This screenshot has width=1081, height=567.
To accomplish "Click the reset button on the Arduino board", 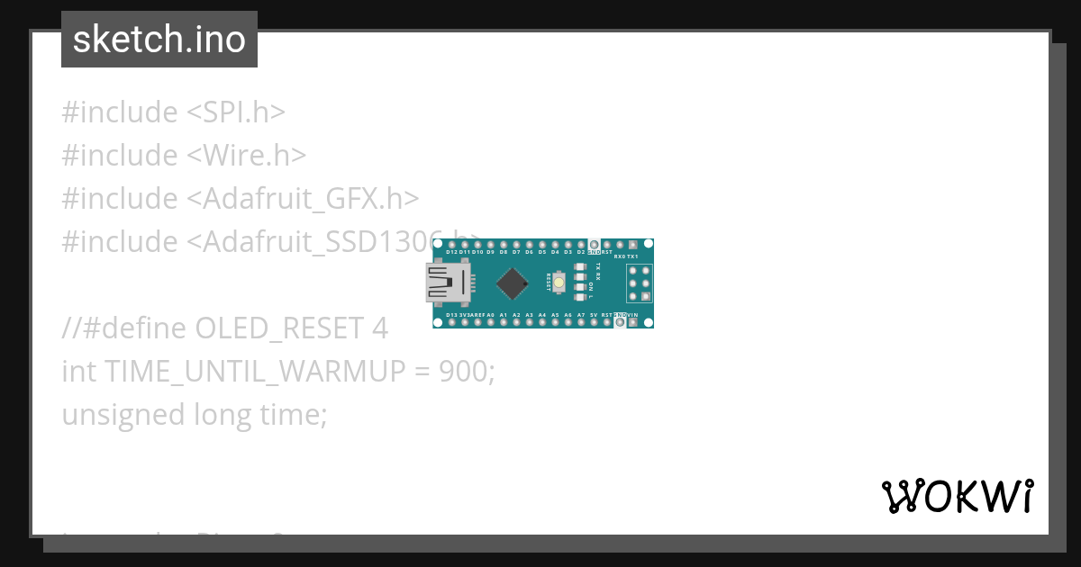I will click(x=559, y=283).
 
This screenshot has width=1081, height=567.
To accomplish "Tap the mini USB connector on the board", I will click(x=449, y=283).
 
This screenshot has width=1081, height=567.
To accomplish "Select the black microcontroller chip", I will click(x=512, y=283).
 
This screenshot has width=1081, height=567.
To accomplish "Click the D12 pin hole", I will click(x=451, y=245).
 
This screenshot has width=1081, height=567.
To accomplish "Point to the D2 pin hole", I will click(x=581, y=245).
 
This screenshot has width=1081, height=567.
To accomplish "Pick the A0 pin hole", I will click(x=490, y=322).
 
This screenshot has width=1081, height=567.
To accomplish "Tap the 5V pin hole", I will click(x=594, y=322).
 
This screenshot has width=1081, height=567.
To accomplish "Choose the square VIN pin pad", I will click(x=633, y=322).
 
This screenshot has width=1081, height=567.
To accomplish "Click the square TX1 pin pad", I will click(x=633, y=245).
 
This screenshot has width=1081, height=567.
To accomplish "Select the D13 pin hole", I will click(x=451, y=322).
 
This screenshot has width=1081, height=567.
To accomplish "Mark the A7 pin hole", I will click(x=581, y=322).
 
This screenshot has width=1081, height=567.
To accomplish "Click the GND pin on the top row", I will click(x=594, y=245).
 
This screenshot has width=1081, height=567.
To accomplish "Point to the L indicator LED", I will click(x=580, y=296).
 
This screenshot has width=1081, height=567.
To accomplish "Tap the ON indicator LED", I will click(x=580, y=286).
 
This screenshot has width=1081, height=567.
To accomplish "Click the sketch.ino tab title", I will click(x=159, y=40).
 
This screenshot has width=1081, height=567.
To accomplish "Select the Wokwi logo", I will click(x=958, y=496).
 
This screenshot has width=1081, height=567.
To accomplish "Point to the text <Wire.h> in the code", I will click(x=247, y=155).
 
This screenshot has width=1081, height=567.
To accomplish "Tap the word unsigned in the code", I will click(x=123, y=414).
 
